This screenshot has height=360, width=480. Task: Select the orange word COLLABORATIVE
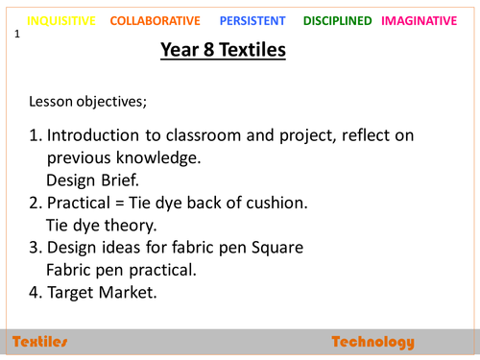tap(156, 20)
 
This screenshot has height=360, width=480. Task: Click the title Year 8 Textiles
tap(223, 49)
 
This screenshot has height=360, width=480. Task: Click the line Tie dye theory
tap(100, 226)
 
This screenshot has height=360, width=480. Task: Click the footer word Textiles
tap(40, 342)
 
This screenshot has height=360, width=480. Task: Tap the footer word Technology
tap(372, 342)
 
